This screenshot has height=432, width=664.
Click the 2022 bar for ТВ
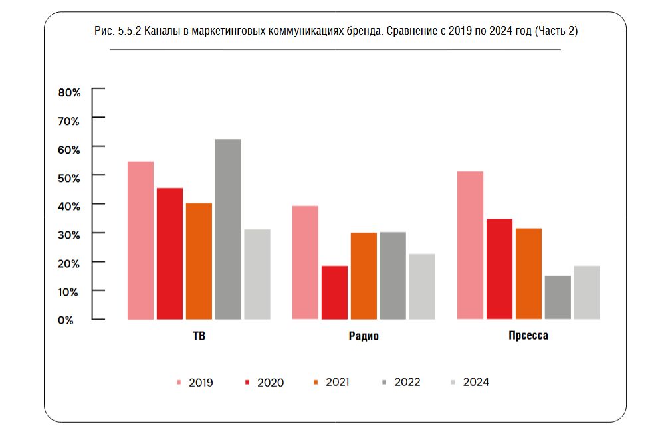pyautogui.click(x=228, y=229)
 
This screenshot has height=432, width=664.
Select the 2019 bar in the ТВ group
pyautogui.click(x=140, y=240)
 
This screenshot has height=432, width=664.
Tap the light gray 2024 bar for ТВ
pyautogui.click(x=257, y=274)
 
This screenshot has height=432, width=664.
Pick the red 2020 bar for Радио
pyautogui.click(x=334, y=292)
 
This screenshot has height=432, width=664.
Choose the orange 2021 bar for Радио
pyautogui.click(x=364, y=276)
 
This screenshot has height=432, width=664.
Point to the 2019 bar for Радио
pyautogui.click(x=305, y=263)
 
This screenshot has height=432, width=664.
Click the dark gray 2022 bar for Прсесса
pyautogui.click(x=558, y=297)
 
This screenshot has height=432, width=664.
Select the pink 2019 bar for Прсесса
pyautogui.click(x=470, y=245)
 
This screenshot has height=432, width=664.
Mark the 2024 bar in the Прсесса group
pyautogui.click(x=587, y=292)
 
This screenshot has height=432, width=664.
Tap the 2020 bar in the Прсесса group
pyautogui.click(x=499, y=269)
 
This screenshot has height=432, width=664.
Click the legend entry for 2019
pyautogui.click(x=194, y=383)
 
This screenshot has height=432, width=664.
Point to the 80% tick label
pyautogui.click(x=69, y=92)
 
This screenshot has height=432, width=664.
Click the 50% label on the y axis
pyautogui.click(x=69, y=177)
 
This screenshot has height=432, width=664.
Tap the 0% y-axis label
pyautogui.click(x=65, y=320)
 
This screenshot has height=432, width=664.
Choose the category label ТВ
pyautogui.click(x=198, y=336)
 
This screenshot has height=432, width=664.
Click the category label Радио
pyautogui.click(x=364, y=336)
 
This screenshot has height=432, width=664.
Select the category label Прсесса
pyautogui.click(x=528, y=336)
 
